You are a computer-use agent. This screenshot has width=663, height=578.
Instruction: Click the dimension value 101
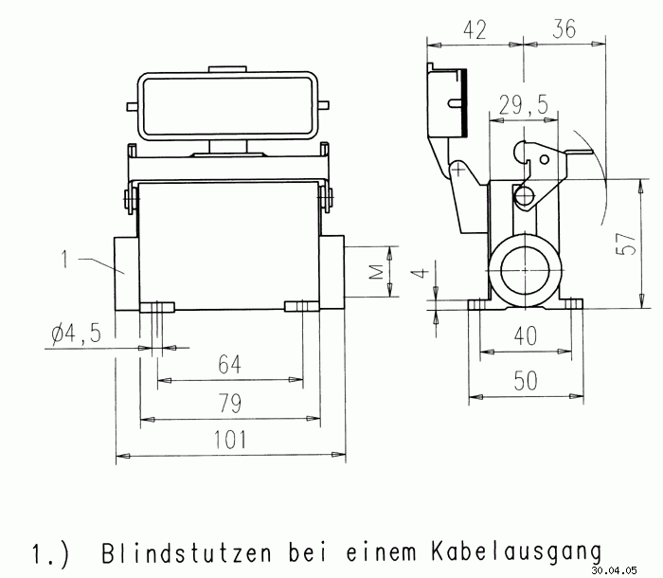tap(230, 440)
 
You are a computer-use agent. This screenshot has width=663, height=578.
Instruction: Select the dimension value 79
tap(230, 404)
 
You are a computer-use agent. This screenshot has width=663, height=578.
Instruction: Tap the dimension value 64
tap(230, 365)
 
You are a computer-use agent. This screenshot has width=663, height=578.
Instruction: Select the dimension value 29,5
tap(524, 106)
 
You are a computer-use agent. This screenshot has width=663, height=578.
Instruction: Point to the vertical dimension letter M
tap(376, 273)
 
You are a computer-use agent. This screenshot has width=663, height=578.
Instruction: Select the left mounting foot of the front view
tap(157, 306)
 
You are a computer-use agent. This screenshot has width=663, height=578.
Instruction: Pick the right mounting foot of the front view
tap(302, 306)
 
